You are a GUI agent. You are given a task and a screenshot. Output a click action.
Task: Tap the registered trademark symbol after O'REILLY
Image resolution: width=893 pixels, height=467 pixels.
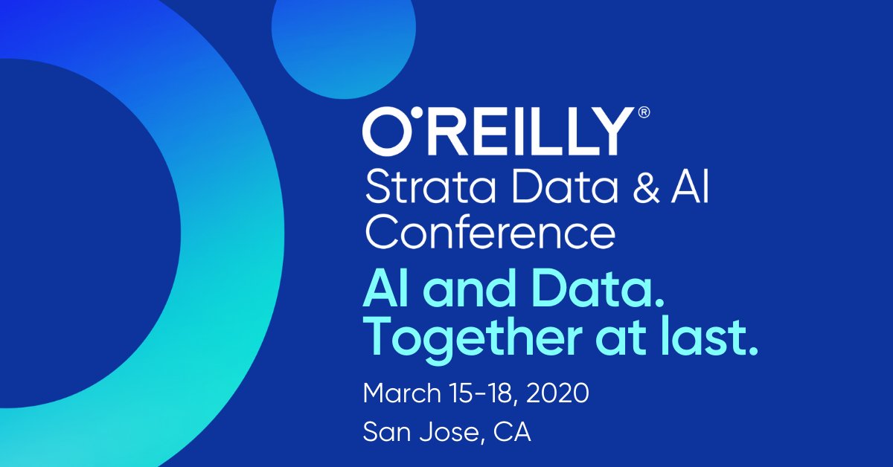tap(644, 113)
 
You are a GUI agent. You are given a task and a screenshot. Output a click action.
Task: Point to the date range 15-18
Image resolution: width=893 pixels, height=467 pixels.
tap(479, 393)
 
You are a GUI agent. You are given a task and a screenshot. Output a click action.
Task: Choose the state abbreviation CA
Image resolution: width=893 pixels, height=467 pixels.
tap(513, 433)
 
